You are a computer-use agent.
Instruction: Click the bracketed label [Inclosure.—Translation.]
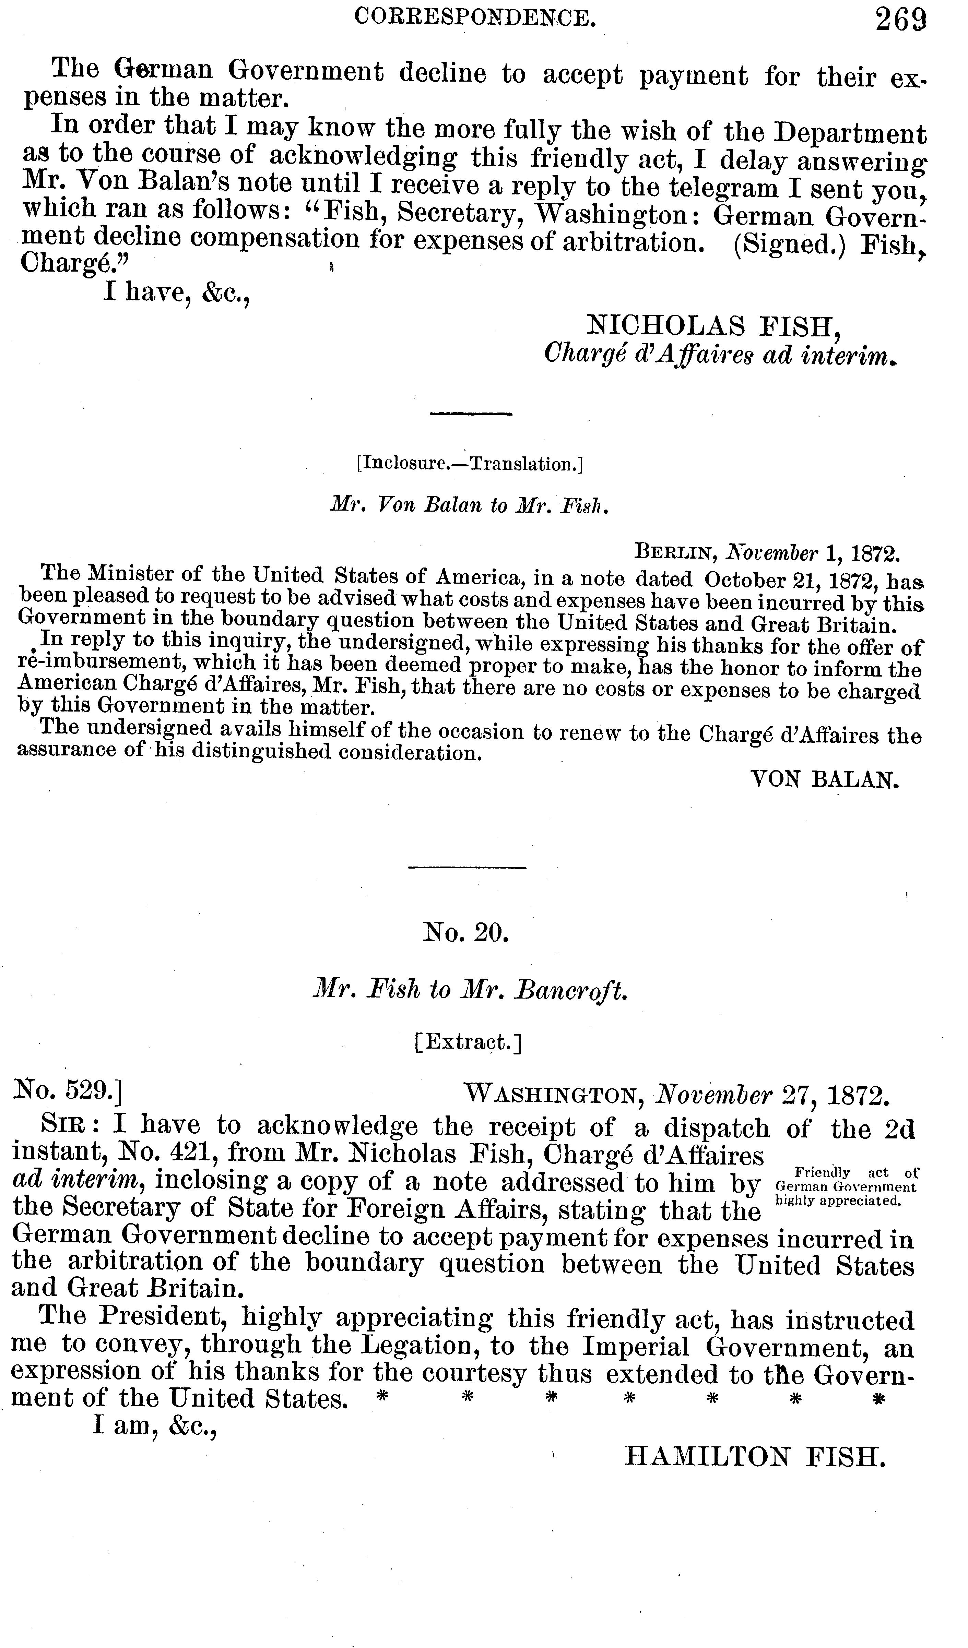coord(470,464)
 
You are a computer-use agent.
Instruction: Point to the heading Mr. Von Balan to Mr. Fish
coord(470,505)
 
